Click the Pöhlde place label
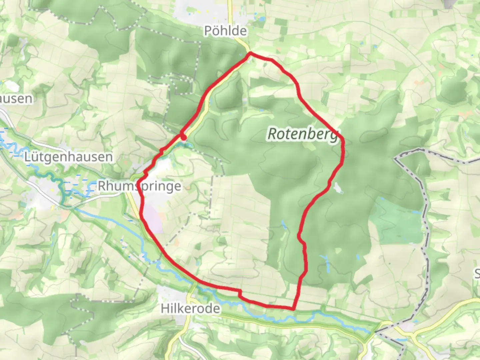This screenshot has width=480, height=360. click(225, 31)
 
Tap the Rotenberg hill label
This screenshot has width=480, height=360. click(303, 134)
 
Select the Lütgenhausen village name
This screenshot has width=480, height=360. click(68, 157)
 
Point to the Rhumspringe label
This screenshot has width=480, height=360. click(139, 186)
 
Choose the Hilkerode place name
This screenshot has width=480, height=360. click(190, 308)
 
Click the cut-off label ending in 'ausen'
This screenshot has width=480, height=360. click(16, 99)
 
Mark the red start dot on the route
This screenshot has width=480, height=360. click(183, 137)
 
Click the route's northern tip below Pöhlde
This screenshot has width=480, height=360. click(250, 53)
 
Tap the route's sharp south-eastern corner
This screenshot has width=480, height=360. click(293, 309)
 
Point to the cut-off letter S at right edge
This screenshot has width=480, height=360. click(477, 274)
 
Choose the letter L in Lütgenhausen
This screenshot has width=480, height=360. click(28, 157)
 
